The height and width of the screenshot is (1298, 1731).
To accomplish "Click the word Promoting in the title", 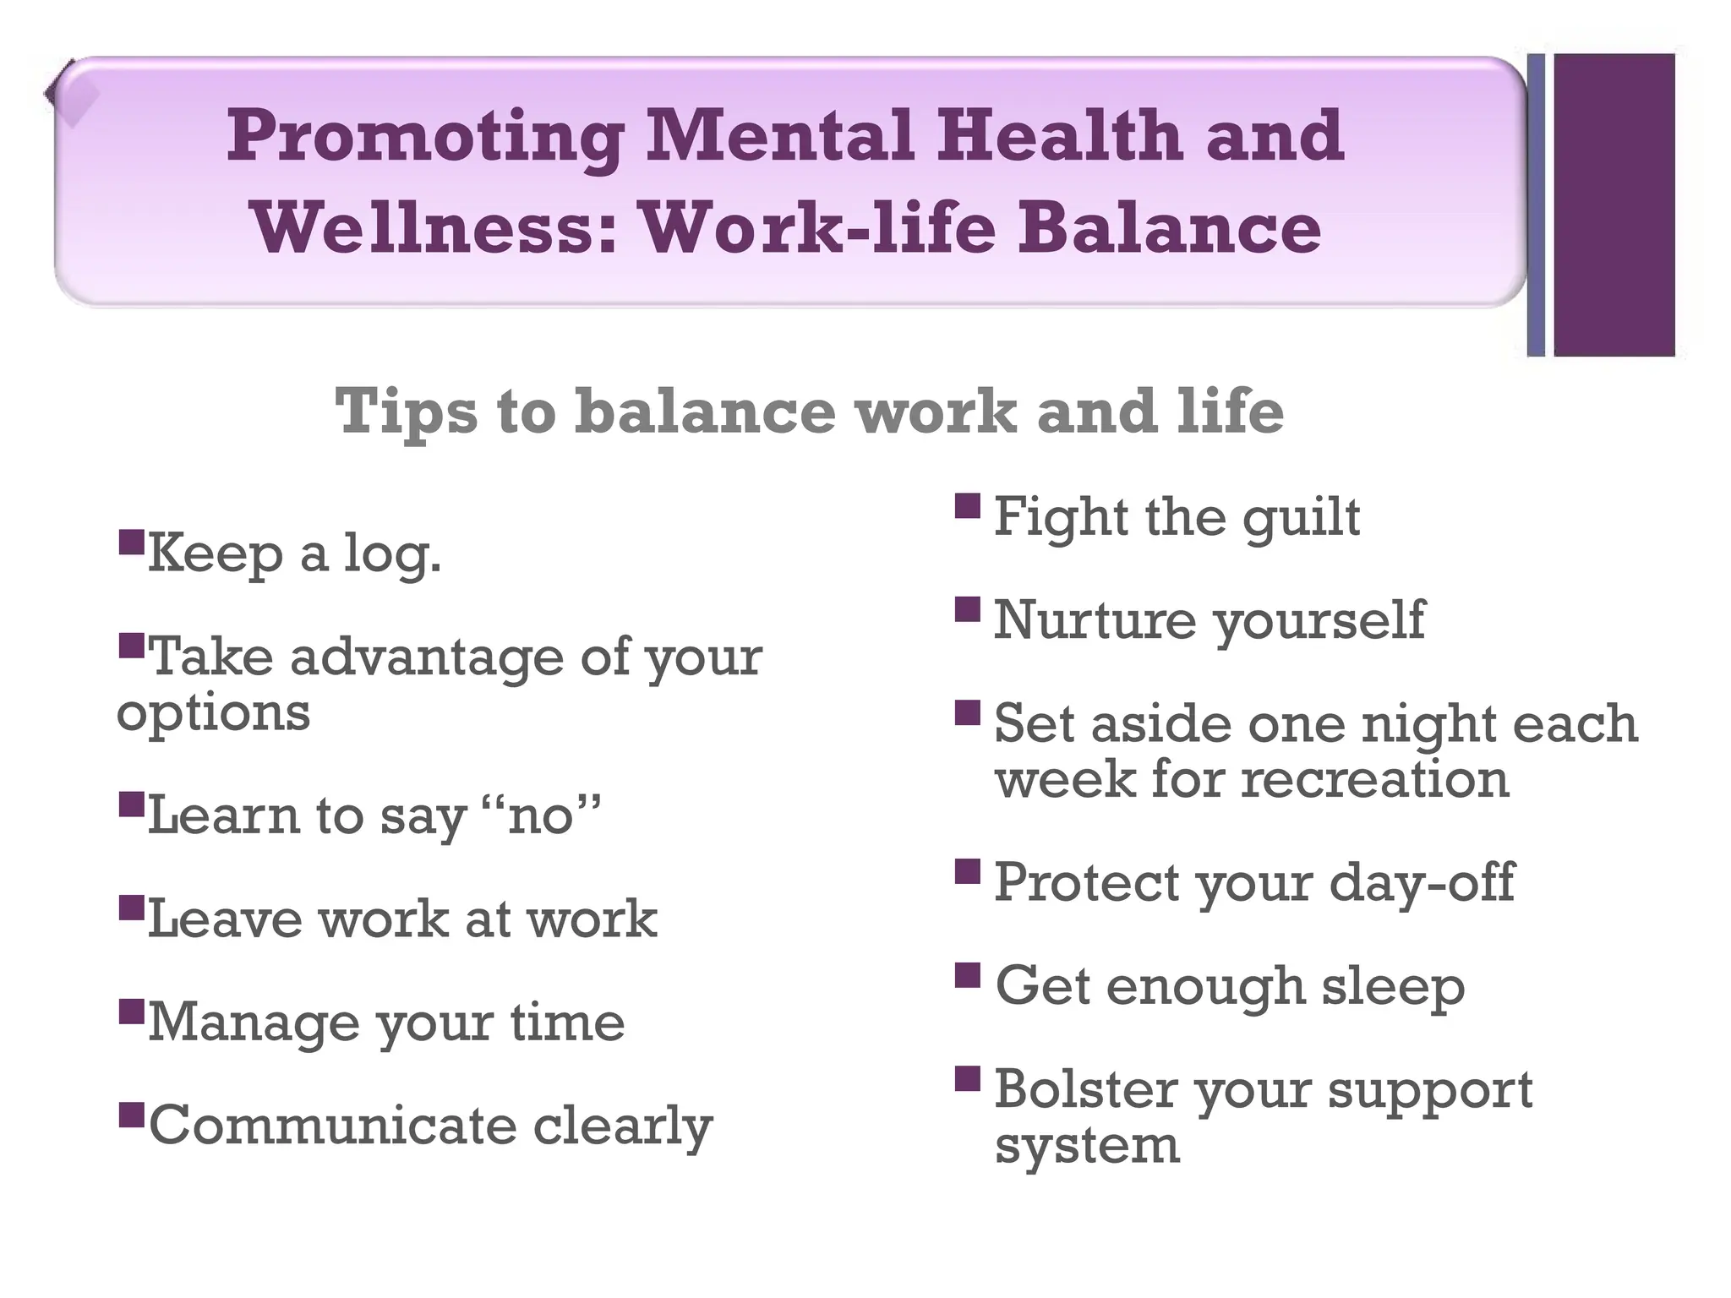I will [x=425, y=138].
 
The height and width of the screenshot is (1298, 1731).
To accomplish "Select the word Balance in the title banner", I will [x=1169, y=229].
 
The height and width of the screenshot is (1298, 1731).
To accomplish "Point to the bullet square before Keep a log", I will [x=132, y=542].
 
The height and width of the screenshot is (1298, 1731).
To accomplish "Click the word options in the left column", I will [x=213, y=712].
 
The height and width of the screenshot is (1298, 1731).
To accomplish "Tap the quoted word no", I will [x=541, y=816].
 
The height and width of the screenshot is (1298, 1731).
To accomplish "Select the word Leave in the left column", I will [x=225, y=919].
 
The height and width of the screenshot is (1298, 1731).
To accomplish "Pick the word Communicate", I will [x=332, y=1126].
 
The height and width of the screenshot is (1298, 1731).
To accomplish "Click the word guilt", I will [x=1302, y=517].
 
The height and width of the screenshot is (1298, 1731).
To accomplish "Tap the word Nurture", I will [x=1095, y=620].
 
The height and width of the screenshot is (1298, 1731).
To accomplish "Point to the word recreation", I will [x=1374, y=779].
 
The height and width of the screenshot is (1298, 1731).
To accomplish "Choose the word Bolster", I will [x=1086, y=1090].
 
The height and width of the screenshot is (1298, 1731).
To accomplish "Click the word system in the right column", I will [x=1087, y=1146].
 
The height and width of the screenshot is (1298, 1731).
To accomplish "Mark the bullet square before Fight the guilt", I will [x=968, y=506].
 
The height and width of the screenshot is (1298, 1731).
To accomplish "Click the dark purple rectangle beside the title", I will [x=1614, y=205].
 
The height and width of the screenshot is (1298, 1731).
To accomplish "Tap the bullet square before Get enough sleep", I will [x=968, y=976].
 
